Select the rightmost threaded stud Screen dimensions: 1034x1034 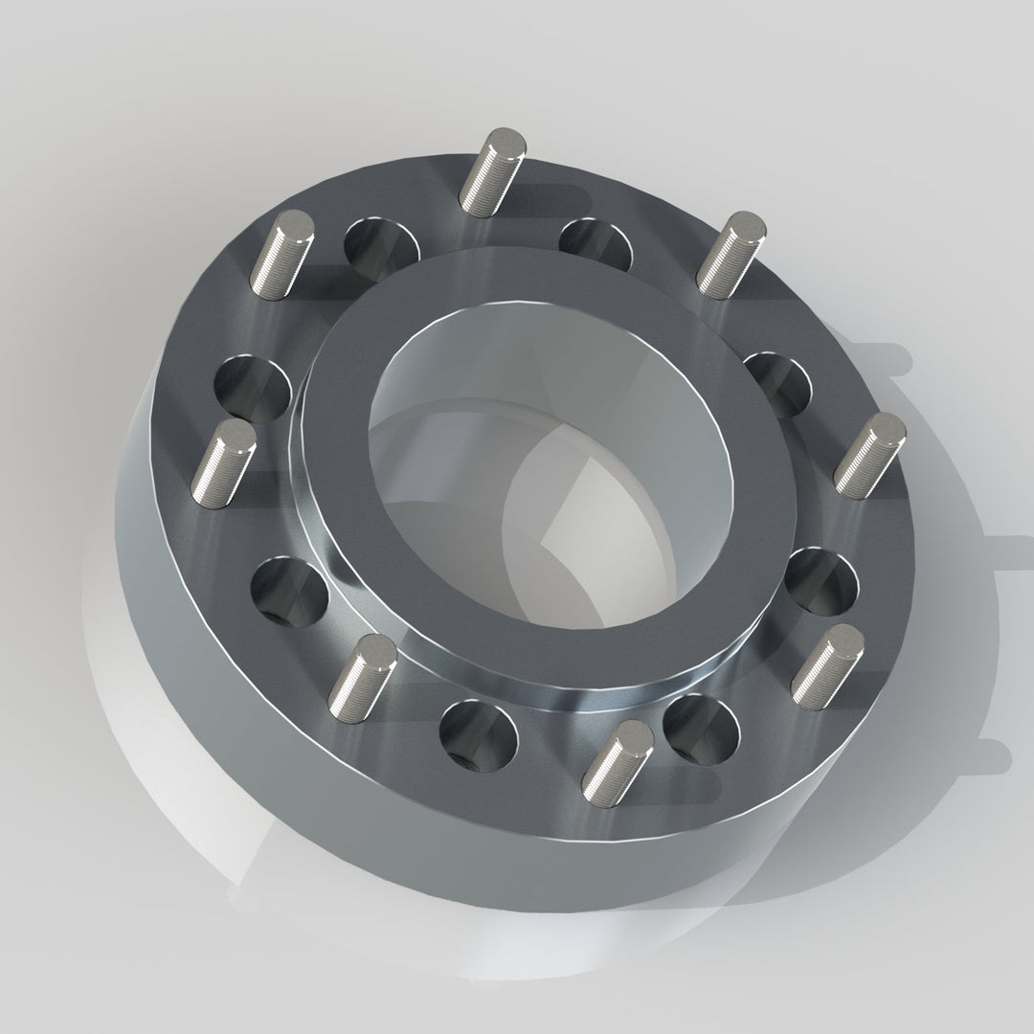coord(868,455)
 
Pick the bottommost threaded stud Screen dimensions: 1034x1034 coord(617,756)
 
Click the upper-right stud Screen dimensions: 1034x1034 coord(731,255)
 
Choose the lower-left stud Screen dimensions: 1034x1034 coord(362,675)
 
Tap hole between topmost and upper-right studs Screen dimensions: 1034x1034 coord(595,243)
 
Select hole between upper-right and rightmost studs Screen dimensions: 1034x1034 coord(777,384)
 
